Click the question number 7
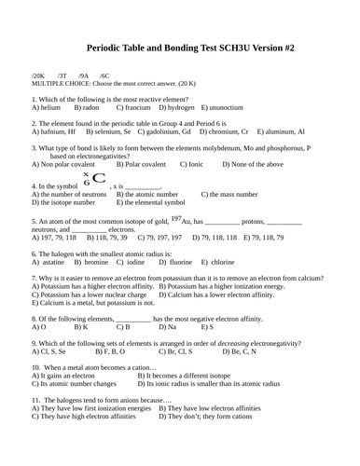(x=34, y=279)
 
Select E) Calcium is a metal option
(x=93, y=303)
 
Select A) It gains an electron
(x=70, y=377)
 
